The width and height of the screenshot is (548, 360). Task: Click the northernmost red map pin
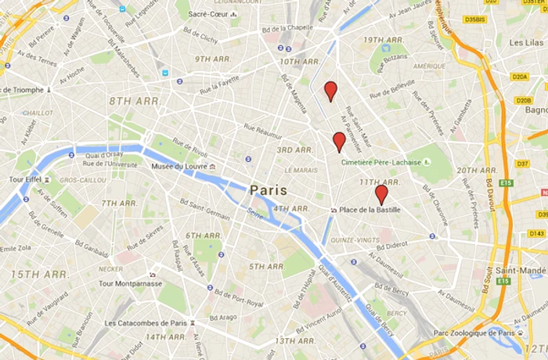(331, 90)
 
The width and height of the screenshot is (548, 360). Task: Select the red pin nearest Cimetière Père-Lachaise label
(339, 141)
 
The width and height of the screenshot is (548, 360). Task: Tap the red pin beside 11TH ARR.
(381, 193)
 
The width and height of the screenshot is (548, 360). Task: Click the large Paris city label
(269, 190)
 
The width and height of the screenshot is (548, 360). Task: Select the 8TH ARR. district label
(135, 101)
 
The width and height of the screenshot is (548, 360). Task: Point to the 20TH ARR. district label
(477, 170)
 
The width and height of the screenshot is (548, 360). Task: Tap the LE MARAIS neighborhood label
(301, 170)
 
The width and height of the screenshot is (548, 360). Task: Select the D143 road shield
(536, 233)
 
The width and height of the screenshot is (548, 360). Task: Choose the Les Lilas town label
(526, 42)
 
